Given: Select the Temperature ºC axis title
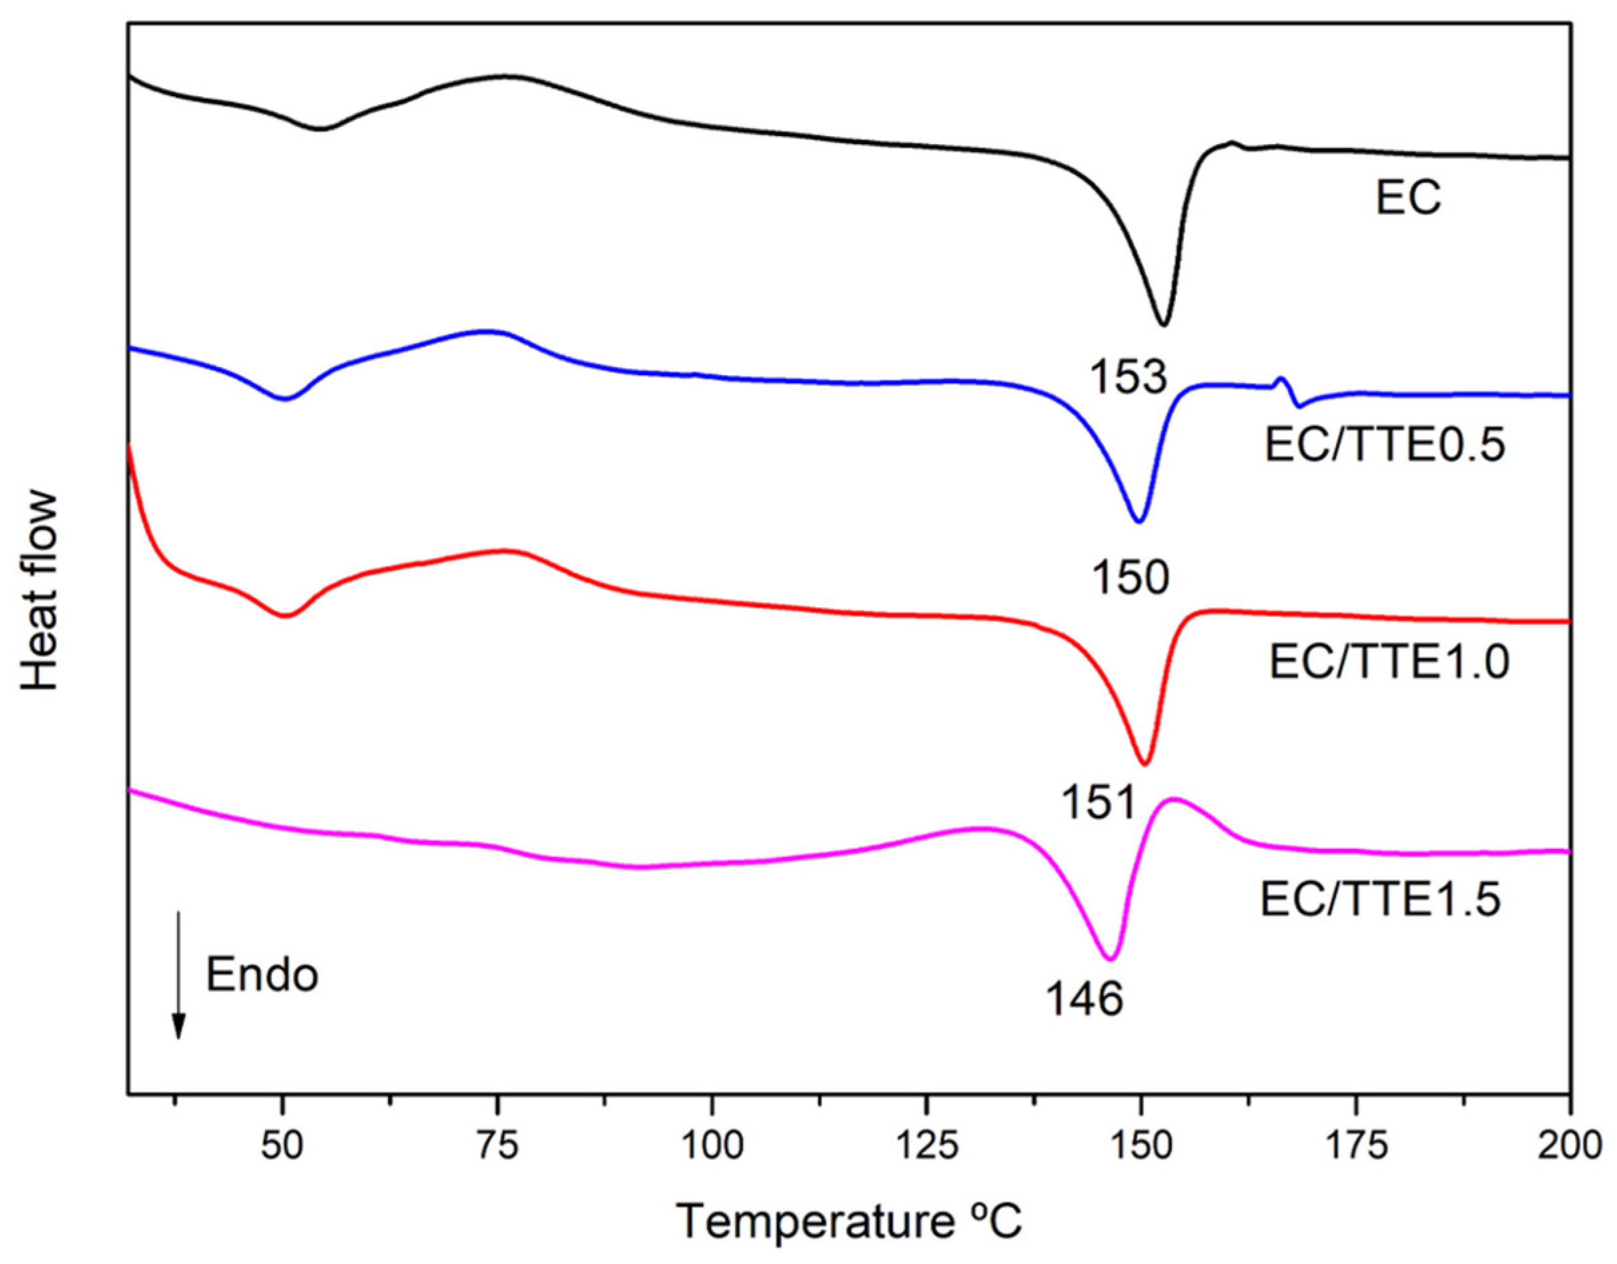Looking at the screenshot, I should [849, 1222].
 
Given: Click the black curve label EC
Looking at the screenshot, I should [1408, 198].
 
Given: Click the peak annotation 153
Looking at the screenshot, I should [1128, 378].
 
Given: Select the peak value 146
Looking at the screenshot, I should [1085, 1000].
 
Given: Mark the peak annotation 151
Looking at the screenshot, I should [1099, 803].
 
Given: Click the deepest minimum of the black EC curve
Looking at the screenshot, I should [1164, 324].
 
